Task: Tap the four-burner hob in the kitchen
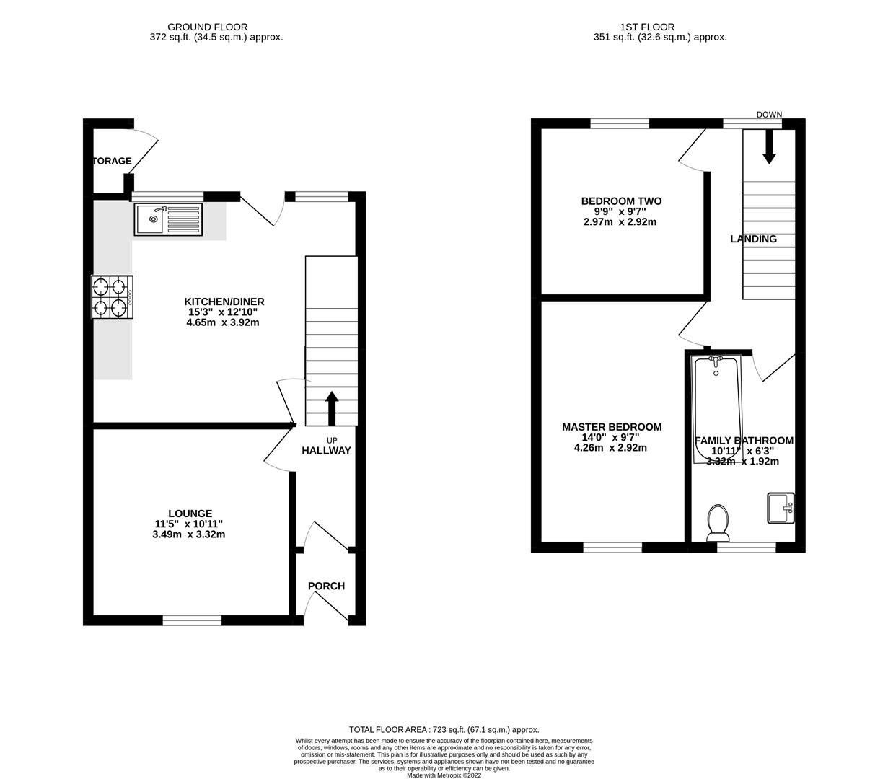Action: click(112, 297)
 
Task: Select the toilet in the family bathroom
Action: click(718, 522)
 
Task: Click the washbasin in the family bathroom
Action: click(781, 508)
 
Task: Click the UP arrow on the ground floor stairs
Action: click(332, 408)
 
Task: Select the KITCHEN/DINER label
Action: click(224, 302)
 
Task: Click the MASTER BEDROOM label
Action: click(612, 427)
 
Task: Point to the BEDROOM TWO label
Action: click(621, 201)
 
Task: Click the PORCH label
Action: click(326, 586)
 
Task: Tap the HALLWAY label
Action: click(326, 450)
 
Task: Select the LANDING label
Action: click(753, 239)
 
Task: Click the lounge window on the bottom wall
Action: click(192, 620)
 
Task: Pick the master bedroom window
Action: click(612, 547)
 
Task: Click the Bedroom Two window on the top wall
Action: click(619, 123)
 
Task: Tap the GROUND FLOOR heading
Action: click(208, 27)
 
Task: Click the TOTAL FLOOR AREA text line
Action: click(444, 729)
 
